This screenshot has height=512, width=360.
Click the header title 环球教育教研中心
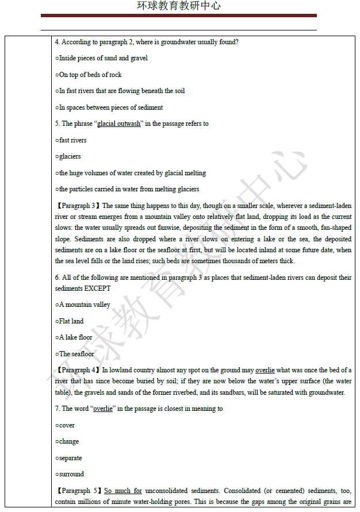click(x=179, y=6)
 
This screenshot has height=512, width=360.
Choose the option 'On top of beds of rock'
click(x=89, y=75)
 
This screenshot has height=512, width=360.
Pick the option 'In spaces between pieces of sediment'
click(x=109, y=107)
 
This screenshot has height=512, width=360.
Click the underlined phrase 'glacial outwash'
click(x=119, y=124)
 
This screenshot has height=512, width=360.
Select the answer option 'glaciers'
click(x=68, y=156)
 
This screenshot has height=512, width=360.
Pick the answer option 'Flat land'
click(x=70, y=321)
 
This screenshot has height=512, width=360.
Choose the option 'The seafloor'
click(x=75, y=354)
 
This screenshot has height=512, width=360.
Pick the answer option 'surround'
click(x=70, y=474)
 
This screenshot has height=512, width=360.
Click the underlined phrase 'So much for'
click(x=122, y=491)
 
